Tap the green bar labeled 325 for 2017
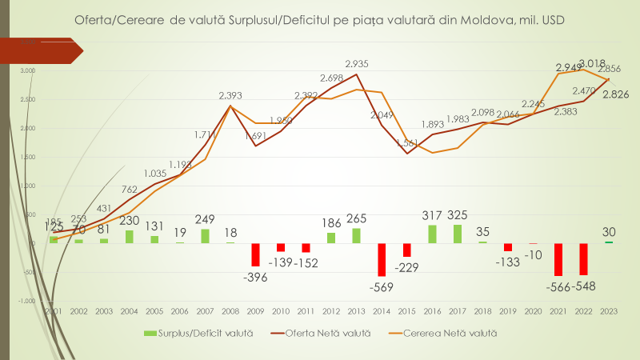(458, 234)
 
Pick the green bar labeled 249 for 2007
(206, 236)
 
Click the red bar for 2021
(558, 259)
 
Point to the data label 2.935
(357, 63)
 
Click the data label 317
(433, 214)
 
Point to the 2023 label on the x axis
(609, 310)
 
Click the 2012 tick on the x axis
(331, 310)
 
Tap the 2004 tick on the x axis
(130, 310)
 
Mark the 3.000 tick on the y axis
(27, 71)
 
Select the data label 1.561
(407, 142)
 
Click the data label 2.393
(232, 96)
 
